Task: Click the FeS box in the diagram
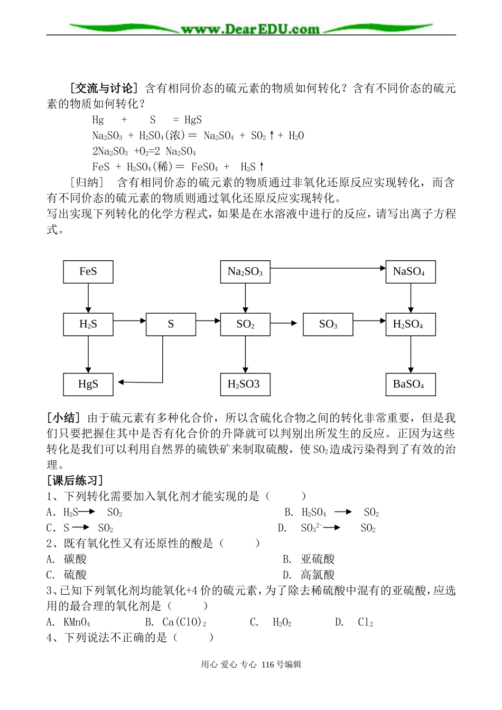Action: pos(88,271)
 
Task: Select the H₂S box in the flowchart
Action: pos(88,324)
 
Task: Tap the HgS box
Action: pos(88,384)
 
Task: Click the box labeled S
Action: pos(171,324)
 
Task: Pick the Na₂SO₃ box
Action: pos(245,271)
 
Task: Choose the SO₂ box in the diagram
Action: pos(245,324)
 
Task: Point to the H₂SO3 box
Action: pos(245,384)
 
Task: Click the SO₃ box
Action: pos(328,324)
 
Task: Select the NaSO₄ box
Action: pos(410,271)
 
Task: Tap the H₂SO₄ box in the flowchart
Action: pos(410,324)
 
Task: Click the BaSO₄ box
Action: pos(410,384)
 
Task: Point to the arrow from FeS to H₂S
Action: pos(88,298)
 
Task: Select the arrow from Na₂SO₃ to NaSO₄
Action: pos(328,268)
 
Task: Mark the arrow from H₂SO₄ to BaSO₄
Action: pos(410,354)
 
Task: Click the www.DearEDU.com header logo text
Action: pos(250,29)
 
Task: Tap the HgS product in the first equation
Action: pos(192,120)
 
